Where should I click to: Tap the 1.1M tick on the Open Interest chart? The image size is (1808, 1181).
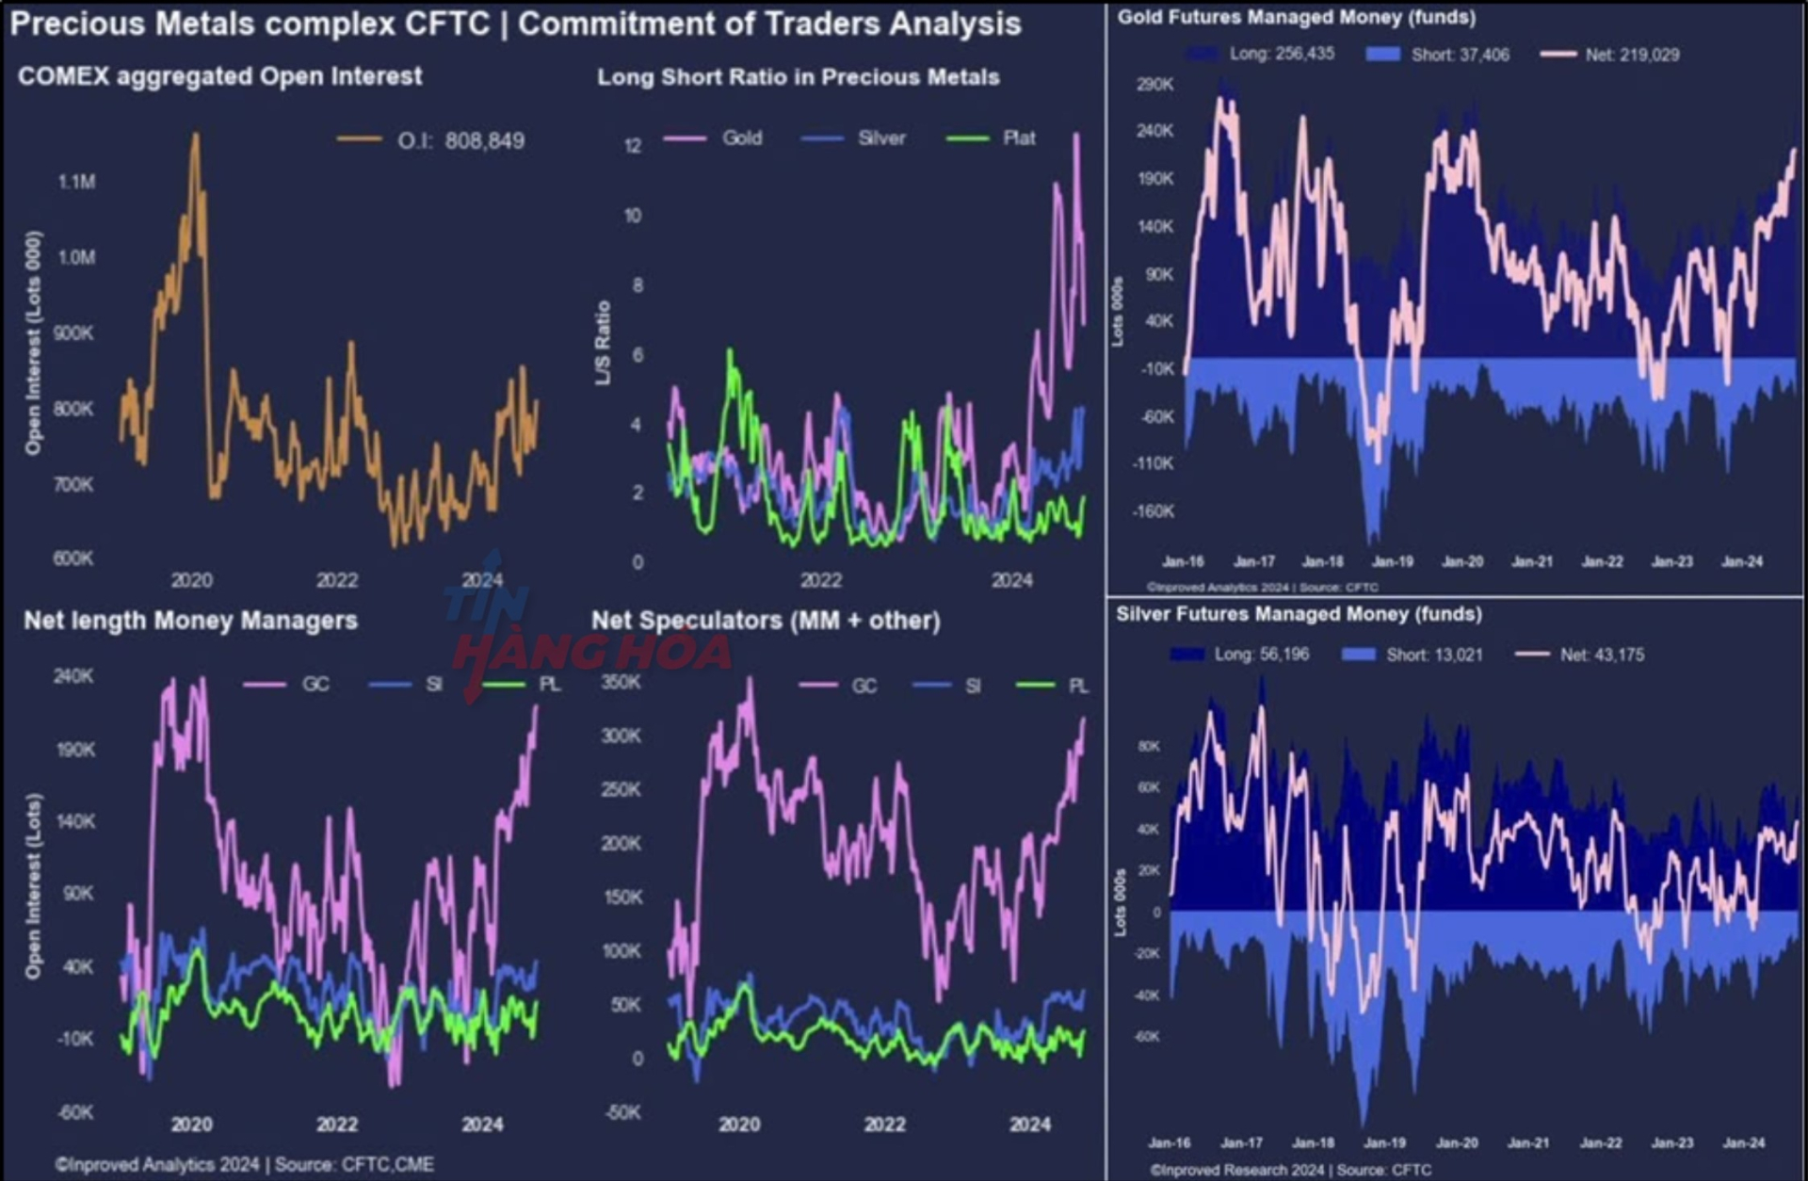(77, 182)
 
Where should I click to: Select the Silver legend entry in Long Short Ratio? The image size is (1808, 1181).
(881, 138)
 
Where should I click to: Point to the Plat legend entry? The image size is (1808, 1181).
(1019, 138)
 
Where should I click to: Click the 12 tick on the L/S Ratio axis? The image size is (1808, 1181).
(633, 146)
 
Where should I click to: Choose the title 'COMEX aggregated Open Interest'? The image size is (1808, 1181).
(219, 76)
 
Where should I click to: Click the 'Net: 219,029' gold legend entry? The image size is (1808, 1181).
(1631, 55)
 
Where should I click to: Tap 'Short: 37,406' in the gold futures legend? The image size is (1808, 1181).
(1460, 55)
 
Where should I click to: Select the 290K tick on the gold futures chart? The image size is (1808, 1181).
(1155, 85)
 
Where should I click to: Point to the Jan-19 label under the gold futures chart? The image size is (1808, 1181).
(1393, 561)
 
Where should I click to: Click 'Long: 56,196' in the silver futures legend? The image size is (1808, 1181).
(1261, 654)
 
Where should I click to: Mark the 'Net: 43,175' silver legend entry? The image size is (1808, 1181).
(1602, 655)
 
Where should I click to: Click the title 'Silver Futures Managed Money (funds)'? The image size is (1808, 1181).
(1299, 614)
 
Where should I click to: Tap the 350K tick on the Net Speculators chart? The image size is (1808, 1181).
(621, 682)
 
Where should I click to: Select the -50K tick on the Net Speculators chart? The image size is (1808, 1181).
(623, 1112)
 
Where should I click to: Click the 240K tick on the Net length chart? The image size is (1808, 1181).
(73, 676)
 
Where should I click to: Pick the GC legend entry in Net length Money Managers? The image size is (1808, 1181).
(315, 684)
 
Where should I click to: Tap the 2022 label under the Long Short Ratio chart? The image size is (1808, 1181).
(821, 580)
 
